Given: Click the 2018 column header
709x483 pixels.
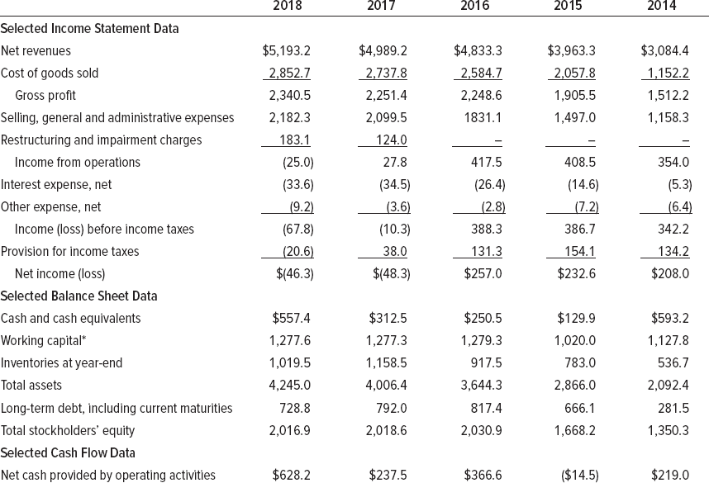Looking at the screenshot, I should (x=287, y=7).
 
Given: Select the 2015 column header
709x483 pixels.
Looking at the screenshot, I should (x=568, y=7).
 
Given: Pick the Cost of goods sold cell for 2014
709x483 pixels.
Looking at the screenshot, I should (x=665, y=73).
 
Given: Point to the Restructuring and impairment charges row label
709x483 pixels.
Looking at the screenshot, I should (x=101, y=140).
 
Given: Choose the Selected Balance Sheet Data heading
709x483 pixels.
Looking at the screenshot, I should (x=79, y=296).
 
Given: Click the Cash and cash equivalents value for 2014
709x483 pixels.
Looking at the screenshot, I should (x=671, y=318).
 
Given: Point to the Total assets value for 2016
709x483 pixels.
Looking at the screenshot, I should (x=480, y=385).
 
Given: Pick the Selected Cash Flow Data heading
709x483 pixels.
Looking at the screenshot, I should (x=69, y=452).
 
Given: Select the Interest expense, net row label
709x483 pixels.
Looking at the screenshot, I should (x=56, y=185).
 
